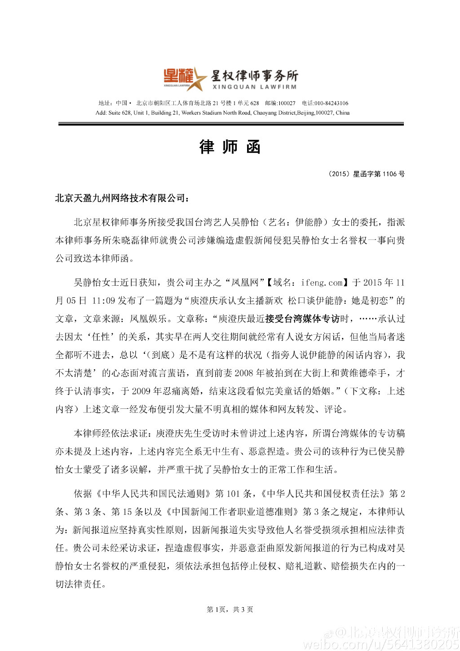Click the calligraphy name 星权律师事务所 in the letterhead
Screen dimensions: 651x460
click(x=254, y=75)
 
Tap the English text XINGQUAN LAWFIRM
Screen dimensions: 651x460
click(x=254, y=87)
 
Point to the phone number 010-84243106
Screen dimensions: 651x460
click(x=331, y=103)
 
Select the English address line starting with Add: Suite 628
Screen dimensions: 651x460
click(x=222, y=113)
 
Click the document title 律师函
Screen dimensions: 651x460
click(x=230, y=147)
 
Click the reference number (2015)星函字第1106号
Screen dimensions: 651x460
click(x=367, y=174)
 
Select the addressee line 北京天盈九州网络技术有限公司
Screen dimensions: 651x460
click(x=120, y=198)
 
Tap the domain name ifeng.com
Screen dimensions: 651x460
click(x=322, y=283)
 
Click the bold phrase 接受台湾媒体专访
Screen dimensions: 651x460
click(x=302, y=319)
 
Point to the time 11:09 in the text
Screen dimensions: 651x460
click(x=103, y=301)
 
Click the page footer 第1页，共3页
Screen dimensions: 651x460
click(x=230, y=610)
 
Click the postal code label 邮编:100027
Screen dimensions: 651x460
click(x=280, y=103)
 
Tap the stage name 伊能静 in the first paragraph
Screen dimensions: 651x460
click(x=309, y=222)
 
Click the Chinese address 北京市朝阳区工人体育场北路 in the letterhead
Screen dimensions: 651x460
click(x=174, y=103)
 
